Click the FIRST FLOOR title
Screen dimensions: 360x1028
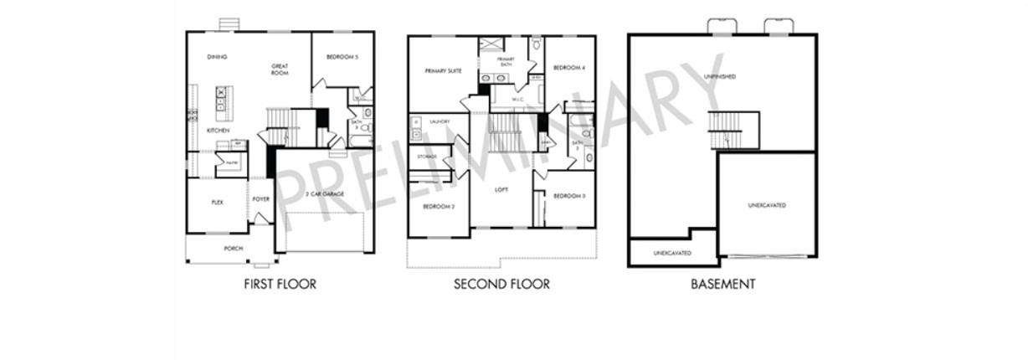pos(280,285)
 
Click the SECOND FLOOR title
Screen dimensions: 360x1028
pos(501,285)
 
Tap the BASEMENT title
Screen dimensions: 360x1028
pos(722,285)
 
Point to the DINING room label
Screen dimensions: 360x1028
pos(218,57)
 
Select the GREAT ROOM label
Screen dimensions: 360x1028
pos(280,69)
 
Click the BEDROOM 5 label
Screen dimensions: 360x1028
pos(342,57)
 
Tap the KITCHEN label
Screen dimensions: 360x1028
pos(218,131)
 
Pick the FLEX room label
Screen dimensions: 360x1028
pos(217,202)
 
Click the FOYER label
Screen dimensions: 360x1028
pos(261,199)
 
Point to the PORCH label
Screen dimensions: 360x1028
pos(234,249)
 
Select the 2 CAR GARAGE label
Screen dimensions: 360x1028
pos(325,193)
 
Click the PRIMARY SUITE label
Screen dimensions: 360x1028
pos(444,71)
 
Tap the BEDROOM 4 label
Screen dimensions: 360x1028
pos(569,67)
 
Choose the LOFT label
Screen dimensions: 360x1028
pos(501,190)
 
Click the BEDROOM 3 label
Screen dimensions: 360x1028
pos(569,196)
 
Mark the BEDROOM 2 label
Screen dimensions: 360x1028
pos(439,207)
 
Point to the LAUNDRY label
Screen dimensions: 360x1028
pos(439,121)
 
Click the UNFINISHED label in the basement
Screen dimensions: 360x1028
pos(720,77)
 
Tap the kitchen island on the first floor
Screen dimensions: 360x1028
pos(221,99)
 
